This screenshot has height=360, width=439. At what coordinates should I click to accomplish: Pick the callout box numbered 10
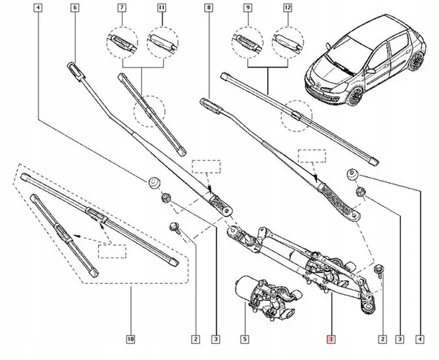click(130, 339)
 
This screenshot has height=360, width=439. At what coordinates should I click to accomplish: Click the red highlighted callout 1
click(331, 339)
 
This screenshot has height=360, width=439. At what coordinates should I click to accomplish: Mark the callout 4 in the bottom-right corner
click(420, 339)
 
